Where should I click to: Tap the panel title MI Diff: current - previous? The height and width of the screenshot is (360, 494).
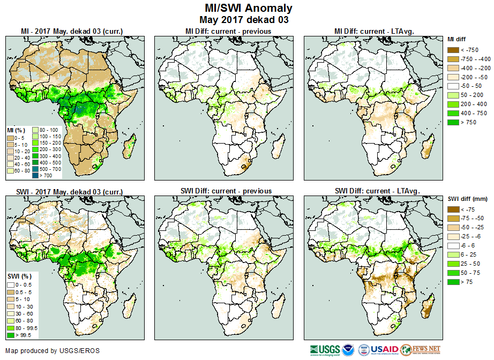pyautogui.click(x=228, y=32)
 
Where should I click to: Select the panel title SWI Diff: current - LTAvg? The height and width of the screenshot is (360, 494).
pyautogui.click(x=376, y=191)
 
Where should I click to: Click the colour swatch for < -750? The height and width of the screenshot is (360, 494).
pyautogui.click(x=452, y=50)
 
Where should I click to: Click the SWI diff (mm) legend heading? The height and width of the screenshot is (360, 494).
pyautogui.click(x=467, y=199)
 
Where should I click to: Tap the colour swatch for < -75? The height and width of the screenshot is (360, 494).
pyautogui.click(x=452, y=209)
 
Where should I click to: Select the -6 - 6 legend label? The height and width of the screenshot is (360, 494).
pyautogui.click(x=468, y=245)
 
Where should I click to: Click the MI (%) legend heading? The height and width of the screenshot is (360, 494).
pyautogui.click(x=16, y=130)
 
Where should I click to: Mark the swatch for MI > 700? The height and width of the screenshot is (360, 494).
pyautogui.click(x=36, y=175)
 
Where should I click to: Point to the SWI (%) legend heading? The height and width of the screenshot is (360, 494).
pyautogui.click(x=18, y=275)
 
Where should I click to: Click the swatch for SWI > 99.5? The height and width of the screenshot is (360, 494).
pyautogui.click(x=10, y=335)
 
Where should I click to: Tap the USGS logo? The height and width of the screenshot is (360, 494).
pyautogui.click(x=323, y=350)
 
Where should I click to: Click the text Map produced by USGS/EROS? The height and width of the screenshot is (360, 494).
pyautogui.click(x=53, y=351)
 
